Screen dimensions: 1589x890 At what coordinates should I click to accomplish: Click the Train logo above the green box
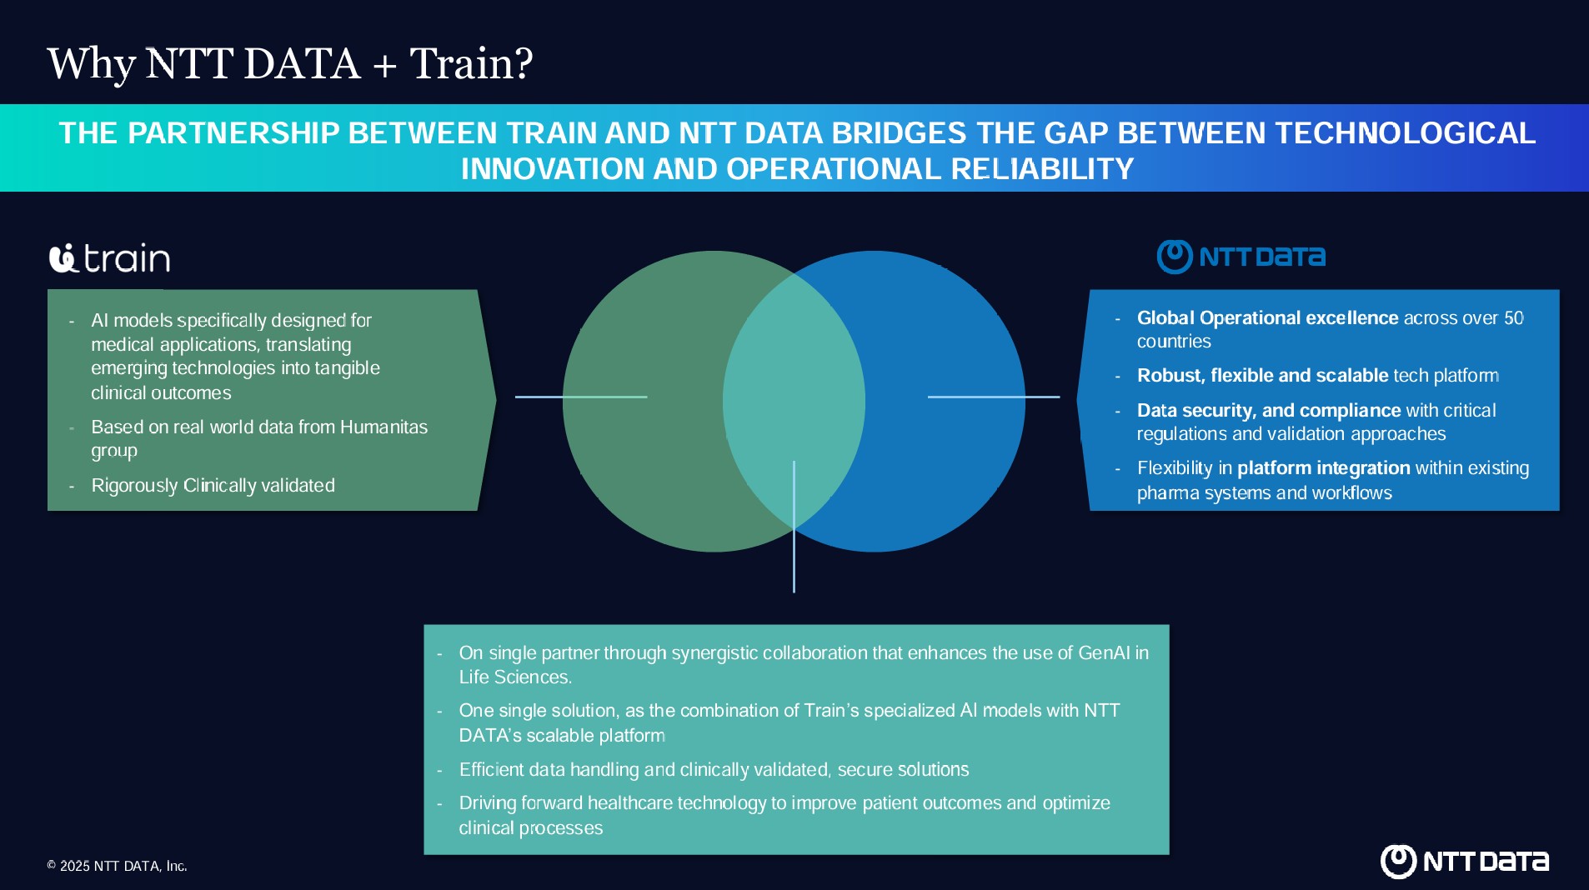click(x=109, y=257)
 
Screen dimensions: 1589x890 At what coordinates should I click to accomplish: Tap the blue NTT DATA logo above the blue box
click(x=1241, y=257)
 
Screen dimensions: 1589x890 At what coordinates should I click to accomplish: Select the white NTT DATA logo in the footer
click(x=1465, y=862)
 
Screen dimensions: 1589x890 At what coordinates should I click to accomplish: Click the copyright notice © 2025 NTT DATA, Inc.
click(x=117, y=866)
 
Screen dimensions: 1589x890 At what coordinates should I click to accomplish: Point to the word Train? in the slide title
click(x=471, y=63)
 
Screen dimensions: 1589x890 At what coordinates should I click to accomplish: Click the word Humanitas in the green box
click(x=383, y=427)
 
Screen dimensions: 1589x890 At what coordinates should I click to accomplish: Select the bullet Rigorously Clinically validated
click(x=213, y=485)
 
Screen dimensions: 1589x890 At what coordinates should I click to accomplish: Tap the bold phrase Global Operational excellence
click(x=1267, y=317)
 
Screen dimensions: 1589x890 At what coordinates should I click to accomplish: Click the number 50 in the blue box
click(x=1513, y=317)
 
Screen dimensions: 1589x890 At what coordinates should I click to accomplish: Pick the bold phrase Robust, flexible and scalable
click(x=1262, y=375)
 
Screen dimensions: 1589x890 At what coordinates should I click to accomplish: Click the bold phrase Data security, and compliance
click(x=1269, y=410)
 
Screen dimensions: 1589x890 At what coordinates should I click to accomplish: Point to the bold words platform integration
click(x=1323, y=468)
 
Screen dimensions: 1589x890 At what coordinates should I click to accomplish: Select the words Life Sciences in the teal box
click(x=514, y=677)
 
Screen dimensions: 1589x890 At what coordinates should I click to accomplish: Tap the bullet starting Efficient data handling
click(x=714, y=769)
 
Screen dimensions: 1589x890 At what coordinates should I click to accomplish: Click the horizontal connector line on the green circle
click(x=581, y=397)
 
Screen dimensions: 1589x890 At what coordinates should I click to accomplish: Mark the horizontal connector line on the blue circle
click(x=994, y=397)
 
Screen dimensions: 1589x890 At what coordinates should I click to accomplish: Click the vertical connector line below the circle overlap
click(x=794, y=527)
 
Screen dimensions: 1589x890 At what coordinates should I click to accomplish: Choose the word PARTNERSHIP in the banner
click(x=233, y=133)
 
